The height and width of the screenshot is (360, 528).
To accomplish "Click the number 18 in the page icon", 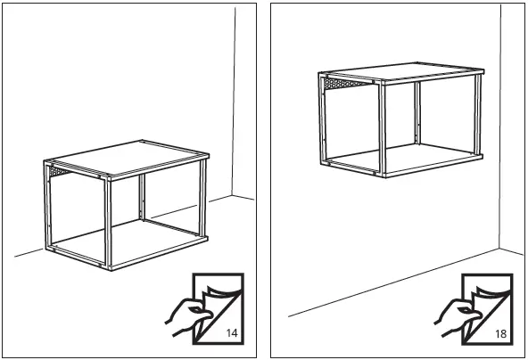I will [500, 333].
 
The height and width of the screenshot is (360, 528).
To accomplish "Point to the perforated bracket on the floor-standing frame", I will [57, 170].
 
